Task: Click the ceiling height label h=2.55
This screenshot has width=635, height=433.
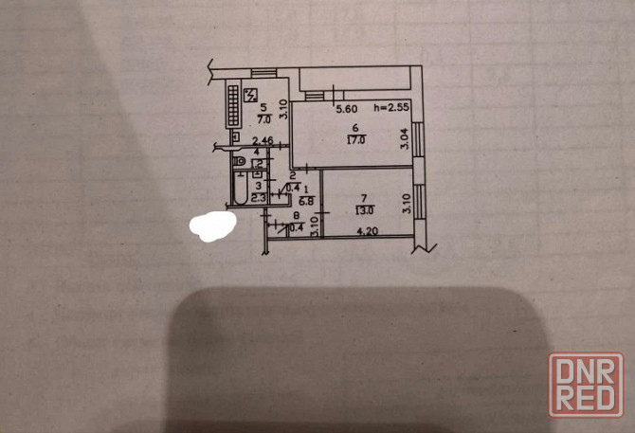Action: pos(391,108)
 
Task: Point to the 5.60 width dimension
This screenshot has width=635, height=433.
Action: pos(347,108)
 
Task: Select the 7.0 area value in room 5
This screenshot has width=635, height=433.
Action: pos(265,119)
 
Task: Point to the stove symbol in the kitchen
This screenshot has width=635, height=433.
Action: pos(251,94)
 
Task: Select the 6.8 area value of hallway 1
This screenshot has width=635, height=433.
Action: pos(307,200)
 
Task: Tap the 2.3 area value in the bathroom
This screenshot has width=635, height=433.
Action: pos(257,195)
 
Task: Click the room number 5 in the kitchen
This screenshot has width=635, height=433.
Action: pos(264,108)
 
